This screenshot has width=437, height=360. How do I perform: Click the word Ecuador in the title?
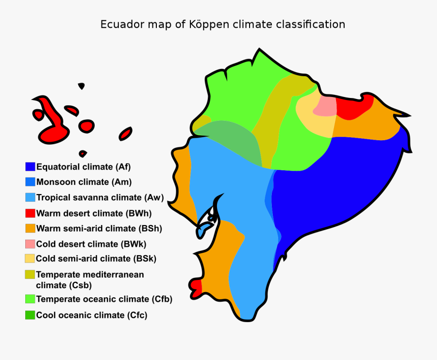pos(118,24)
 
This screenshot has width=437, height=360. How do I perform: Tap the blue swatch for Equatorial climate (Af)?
pos(30,166)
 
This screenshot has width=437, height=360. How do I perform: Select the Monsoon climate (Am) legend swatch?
pos(30,182)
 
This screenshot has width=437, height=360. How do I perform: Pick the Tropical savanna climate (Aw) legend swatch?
pos(30,197)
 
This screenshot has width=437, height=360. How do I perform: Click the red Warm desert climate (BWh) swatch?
pos(30,213)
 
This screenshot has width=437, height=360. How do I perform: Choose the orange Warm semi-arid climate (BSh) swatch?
pos(30,228)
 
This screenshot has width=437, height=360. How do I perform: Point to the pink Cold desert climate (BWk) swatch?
pos(30,244)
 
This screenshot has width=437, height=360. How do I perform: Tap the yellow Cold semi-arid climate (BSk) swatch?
pos(30,259)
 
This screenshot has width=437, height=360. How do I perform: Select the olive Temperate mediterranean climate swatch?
pos(30,275)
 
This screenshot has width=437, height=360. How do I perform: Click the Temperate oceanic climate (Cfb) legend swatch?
pos(30,299)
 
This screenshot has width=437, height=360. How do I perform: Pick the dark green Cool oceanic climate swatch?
pos(30,315)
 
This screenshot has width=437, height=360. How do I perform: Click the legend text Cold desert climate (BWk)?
pos(91,244)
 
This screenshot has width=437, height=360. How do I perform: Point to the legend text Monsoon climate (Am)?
pos(84,182)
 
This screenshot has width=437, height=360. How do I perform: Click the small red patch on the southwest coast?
pos(197,288)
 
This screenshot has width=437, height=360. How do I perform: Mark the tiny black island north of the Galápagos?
pos(82,86)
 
